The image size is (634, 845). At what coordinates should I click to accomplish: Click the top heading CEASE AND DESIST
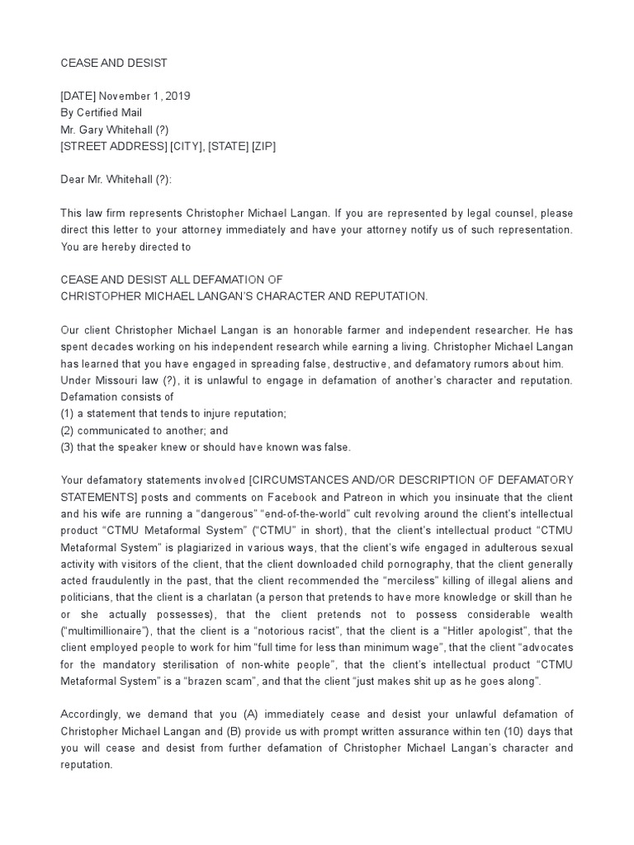tap(114, 63)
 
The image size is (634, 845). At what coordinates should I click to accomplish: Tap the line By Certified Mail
tap(101, 112)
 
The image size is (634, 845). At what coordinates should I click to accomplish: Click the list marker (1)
tap(68, 413)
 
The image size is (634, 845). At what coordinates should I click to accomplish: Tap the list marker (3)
tap(68, 446)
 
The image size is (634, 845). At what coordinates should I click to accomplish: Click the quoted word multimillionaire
tap(111, 630)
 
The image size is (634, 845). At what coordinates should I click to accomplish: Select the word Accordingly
tap(92, 715)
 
